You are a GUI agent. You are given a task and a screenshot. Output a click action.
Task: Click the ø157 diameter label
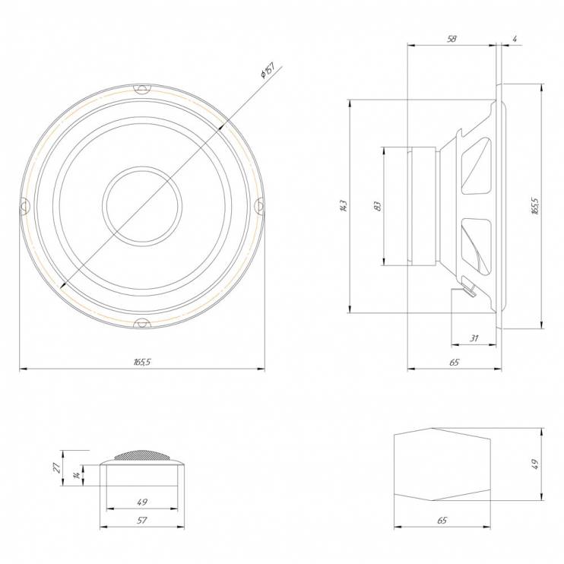click(x=268, y=71)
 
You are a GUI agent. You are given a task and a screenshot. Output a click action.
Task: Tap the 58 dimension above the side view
click(x=452, y=39)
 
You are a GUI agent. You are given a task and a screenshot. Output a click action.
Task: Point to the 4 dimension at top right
click(x=515, y=40)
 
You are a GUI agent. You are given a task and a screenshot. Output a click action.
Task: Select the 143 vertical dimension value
click(x=343, y=206)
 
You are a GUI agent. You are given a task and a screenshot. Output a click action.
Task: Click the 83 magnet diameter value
click(x=377, y=206)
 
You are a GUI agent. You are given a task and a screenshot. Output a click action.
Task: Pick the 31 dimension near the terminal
click(x=474, y=338)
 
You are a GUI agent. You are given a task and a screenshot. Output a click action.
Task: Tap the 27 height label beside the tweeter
click(x=57, y=467)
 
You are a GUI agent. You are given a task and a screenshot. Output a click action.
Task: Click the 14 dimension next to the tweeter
click(x=77, y=476)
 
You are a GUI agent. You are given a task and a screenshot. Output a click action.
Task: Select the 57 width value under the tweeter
click(x=142, y=520)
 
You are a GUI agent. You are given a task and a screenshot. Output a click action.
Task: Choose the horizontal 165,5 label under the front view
click(x=142, y=362)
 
